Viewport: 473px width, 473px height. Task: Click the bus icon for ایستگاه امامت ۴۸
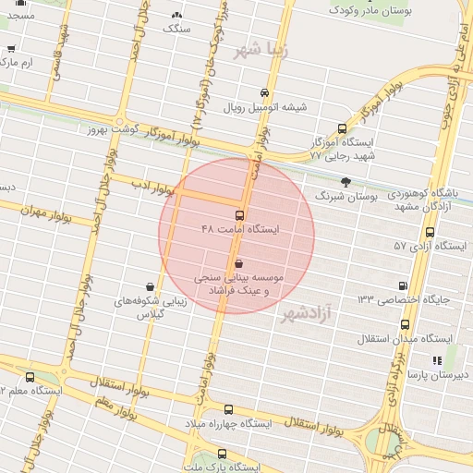(239, 215)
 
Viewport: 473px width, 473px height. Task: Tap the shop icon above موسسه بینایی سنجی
(239, 263)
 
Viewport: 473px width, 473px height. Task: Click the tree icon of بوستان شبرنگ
(346, 182)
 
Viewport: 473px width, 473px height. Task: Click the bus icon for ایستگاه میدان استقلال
(405, 324)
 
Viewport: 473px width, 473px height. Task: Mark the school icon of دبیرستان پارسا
(437, 360)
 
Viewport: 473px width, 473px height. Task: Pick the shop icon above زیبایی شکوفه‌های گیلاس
(150, 286)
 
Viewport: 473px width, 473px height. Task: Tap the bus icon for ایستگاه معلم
(30, 377)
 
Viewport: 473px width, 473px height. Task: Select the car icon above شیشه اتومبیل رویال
(265, 93)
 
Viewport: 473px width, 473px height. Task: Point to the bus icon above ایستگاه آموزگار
(342, 129)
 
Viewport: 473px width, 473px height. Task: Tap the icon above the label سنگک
(176, 14)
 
